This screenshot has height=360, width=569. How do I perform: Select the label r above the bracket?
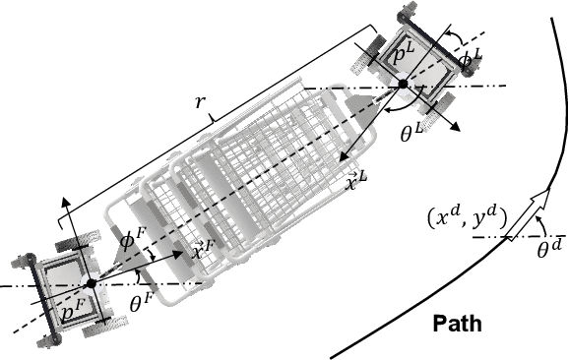[x=212, y=116]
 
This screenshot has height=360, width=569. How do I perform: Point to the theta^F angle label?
[x=143, y=306]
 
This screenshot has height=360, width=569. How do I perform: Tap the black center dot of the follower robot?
[x=91, y=284]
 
